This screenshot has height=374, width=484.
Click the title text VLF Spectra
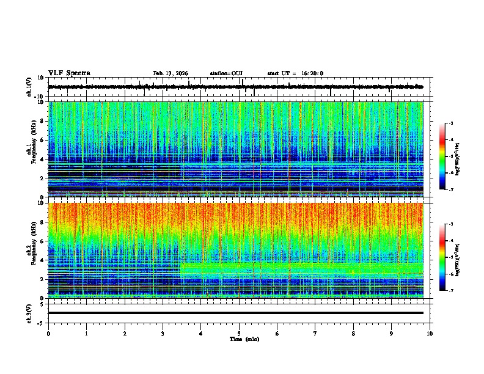69,73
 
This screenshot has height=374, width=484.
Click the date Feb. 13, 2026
170,73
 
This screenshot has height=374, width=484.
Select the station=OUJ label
226,73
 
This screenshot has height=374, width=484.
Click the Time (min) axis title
244,339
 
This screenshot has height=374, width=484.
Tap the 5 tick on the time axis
239,333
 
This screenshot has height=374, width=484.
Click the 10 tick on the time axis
430,333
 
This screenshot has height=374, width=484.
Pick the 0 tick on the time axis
48,333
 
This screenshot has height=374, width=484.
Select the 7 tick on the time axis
315,333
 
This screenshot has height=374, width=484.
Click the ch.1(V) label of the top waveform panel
29,87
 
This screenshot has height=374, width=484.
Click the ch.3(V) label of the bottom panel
29,313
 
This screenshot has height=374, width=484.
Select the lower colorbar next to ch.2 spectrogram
442,257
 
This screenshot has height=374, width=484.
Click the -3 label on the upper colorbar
450,123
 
